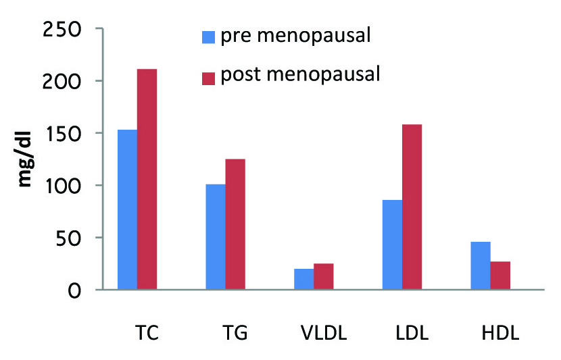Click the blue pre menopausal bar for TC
128,209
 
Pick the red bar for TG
235,224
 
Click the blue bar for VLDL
304,279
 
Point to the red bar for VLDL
323,277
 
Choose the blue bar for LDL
392,245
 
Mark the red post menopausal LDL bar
412,207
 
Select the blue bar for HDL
481,265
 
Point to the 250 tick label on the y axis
63,30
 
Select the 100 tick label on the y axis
63,186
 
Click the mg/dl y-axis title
25,160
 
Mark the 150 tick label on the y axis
63,134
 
